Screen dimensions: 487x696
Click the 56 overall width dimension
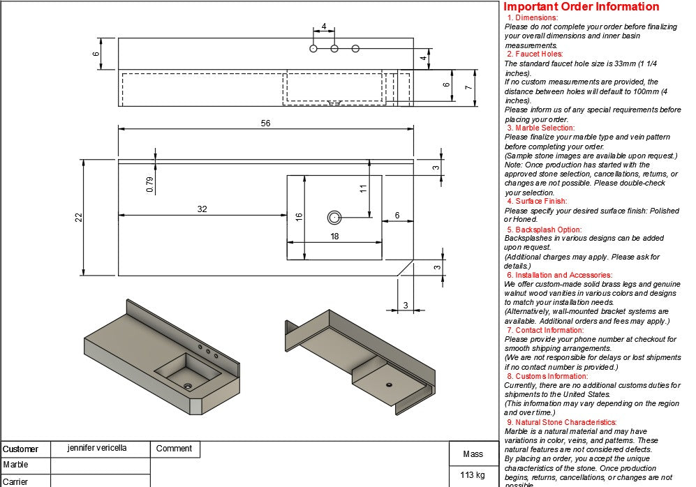(x=265, y=123)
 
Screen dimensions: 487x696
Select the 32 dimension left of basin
(x=202, y=209)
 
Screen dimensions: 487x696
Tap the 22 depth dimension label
(x=79, y=218)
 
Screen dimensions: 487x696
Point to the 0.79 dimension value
(x=149, y=184)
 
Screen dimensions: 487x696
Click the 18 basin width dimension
(x=334, y=237)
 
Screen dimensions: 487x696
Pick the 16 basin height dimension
(x=299, y=217)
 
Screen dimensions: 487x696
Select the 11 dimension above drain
(x=363, y=188)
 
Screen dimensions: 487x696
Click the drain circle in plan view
(x=334, y=218)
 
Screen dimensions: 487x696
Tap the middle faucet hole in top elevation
(x=334, y=48)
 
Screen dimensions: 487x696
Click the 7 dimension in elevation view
(x=469, y=88)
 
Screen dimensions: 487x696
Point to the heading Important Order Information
(x=581, y=7)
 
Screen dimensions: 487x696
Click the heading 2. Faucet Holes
(x=535, y=54)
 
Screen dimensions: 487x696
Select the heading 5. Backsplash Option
(x=544, y=230)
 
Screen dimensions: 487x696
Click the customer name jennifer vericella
(x=97, y=448)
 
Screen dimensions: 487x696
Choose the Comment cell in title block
(x=174, y=449)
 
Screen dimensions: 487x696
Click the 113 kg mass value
(x=473, y=475)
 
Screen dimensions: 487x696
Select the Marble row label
(x=16, y=465)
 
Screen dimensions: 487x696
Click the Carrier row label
(x=16, y=481)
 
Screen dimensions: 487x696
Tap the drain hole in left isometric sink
(x=187, y=385)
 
